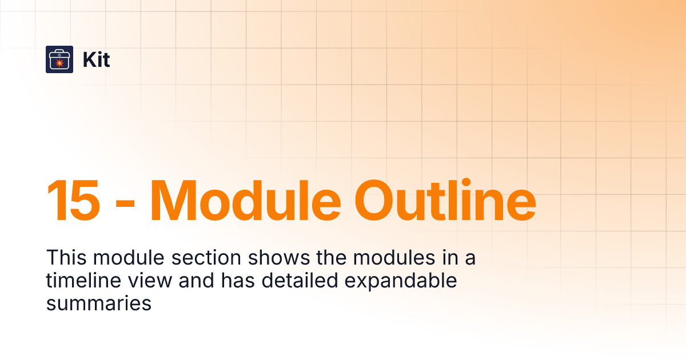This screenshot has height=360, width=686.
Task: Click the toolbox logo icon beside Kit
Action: click(59, 59)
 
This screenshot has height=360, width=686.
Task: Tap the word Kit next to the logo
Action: click(96, 60)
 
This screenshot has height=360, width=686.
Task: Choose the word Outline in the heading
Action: click(445, 201)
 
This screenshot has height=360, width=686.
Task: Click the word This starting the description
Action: click(66, 258)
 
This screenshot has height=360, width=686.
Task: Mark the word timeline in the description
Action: click(82, 281)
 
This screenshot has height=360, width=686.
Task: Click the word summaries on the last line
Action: click(98, 304)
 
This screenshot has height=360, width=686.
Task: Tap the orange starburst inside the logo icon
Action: click(59, 62)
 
